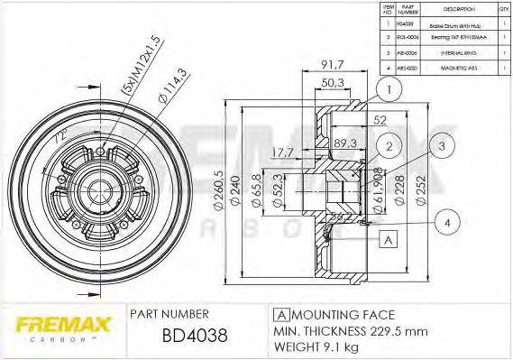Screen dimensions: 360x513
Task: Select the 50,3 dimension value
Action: coord(308,83)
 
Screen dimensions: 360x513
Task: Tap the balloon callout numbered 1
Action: coord(389,88)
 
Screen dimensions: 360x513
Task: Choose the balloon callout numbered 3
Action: coord(442,146)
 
